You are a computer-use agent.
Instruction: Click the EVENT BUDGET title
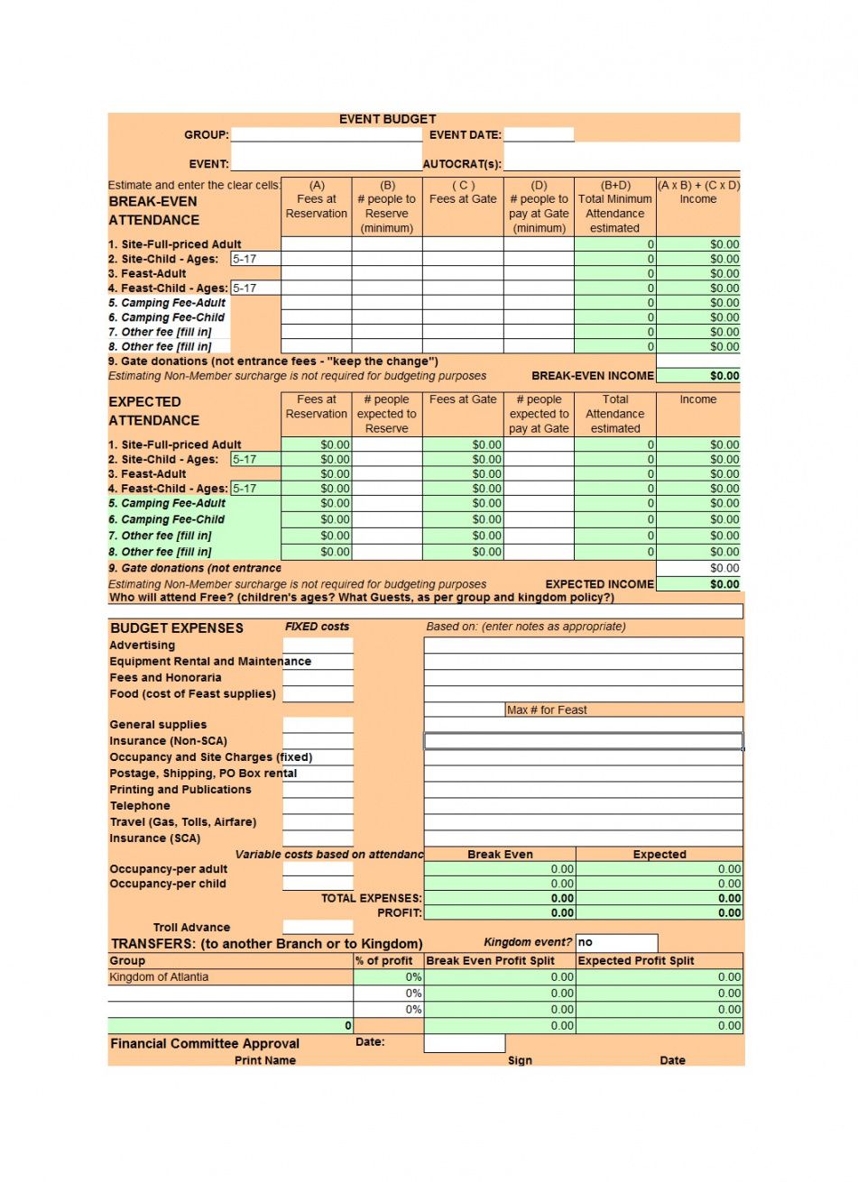click(x=387, y=119)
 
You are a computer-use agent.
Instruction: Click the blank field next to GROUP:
click(x=326, y=135)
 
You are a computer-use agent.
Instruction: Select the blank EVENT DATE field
click(x=539, y=135)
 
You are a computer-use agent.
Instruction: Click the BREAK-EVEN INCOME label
click(x=592, y=376)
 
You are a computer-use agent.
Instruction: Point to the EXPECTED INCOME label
click(x=599, y=584)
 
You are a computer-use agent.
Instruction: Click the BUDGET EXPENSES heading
click(x=177, y=628)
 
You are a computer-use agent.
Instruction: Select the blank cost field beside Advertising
click(x=318, y=646)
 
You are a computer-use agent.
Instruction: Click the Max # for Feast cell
click(x=546, y=710)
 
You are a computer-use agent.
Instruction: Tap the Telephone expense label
click(x=140, y=806)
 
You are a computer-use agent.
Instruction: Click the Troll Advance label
click(x=191, y=928)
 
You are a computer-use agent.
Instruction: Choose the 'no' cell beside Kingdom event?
click(x=616, y=943)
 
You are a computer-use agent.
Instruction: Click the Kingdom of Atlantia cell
click(x=159, y=977)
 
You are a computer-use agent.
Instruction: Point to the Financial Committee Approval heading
click(x=205, y=1044)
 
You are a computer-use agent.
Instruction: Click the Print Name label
click(x=265, y=1060)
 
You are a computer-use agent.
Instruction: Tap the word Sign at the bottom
click(x=520, y=1060)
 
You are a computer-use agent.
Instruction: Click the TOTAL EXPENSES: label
click(x=371, y=899)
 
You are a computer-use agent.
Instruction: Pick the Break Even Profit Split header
click(x=490, y=961)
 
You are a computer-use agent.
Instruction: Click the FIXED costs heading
click(x=317, y=627)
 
